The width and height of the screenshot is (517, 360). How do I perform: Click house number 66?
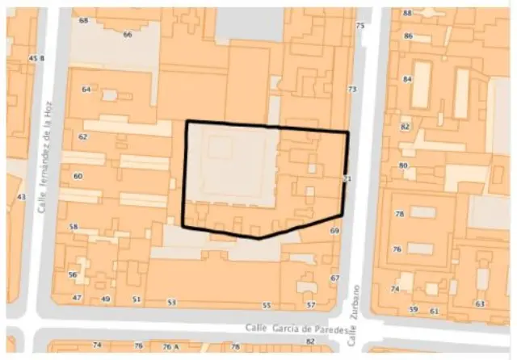click(x=128, y=35)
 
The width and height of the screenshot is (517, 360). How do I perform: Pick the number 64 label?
click(x=86, y=90)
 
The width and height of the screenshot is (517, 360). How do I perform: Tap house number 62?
click(x=82, y=137)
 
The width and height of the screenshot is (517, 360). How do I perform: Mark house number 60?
click(x=78, y=176)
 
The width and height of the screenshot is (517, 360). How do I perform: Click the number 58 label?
click(x=74, y=228)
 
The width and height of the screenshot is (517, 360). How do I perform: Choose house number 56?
click(x=73, y=275)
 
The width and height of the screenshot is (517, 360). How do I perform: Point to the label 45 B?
click(x=36, y=58)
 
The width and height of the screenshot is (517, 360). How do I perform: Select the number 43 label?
click(x=21, y=197)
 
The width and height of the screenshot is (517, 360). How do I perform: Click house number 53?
click(x=171, y=303)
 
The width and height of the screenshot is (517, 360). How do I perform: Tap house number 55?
click(x=266, y=306)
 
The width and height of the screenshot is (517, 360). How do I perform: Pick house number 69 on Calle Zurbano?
click(x=334, y=231)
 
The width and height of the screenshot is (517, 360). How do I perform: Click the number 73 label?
click(x=351, y=89)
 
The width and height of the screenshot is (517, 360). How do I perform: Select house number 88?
click(x=407, y=14)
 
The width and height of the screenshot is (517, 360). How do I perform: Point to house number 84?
click(x=407, y=79)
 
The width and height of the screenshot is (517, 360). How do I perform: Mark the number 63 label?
click(x=480, y=303)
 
